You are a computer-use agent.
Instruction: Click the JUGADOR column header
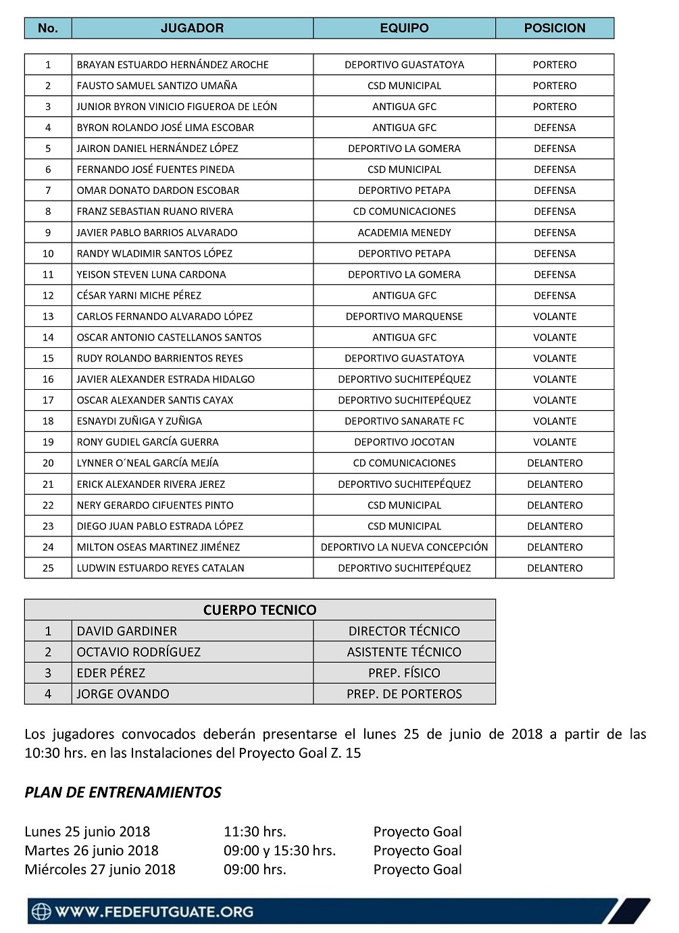192,28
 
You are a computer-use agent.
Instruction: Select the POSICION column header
554,28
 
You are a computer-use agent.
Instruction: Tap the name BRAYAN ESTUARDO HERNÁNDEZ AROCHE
172,65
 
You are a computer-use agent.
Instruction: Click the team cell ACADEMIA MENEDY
404,232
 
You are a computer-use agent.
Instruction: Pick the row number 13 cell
48,316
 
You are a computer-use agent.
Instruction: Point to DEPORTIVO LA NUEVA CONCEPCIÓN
404,547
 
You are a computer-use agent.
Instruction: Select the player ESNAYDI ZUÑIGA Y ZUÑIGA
139,421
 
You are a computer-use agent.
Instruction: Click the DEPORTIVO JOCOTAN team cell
404,442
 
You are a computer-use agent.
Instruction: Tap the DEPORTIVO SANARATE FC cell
404,421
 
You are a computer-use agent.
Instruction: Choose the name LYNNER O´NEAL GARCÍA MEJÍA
147,463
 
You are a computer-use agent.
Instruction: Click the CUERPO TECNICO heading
259,610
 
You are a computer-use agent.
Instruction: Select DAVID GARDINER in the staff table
126,631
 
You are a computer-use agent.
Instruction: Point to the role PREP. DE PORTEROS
404,694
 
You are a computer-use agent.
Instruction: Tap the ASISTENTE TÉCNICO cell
404,652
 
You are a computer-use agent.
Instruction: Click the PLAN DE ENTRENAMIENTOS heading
123,792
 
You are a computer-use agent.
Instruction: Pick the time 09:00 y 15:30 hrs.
280,851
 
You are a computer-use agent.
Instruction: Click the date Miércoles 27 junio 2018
100,869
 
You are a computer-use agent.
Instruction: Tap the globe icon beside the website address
42,911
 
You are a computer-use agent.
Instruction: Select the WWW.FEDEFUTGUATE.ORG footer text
154,911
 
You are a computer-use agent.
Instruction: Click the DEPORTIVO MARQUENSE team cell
404,316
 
